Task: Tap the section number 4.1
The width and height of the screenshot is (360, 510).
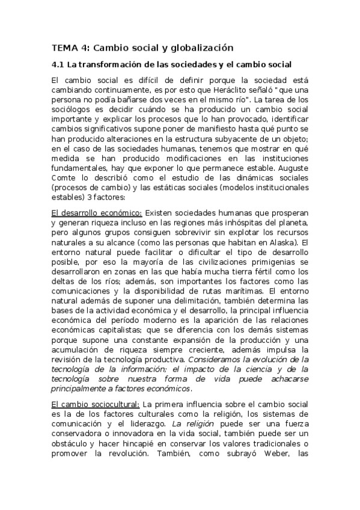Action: pyautogui.click(x=58, y=64)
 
